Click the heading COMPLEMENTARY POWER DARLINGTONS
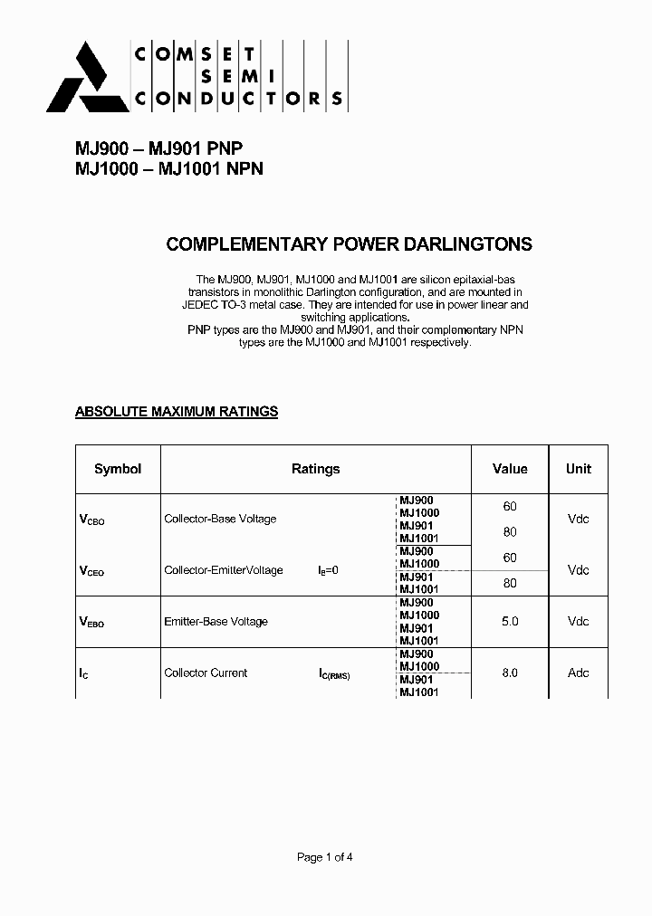tap(350, 244)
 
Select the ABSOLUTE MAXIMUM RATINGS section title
tap(176, 412)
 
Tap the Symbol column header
tap(118, 469)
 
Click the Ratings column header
tap(315, 469)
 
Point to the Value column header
tap(510, 469)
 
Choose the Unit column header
tap(578, 469)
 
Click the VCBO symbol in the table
tap(92, 520)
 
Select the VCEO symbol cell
tap(92, 571)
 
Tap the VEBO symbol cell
tap(92, 622)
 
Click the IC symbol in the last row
tap(84, 673)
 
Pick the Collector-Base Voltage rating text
tap(220, 520)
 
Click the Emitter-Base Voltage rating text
tap(216, 622)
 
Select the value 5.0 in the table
tap(510, 622)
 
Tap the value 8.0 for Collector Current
tap(510, 673)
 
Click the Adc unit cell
tap(578, 673)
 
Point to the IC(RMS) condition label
tap(334, 674)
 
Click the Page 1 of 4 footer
tap(325, 857)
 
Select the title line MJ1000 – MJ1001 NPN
tap(168, 169)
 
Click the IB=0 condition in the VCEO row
tap(328, 571)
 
